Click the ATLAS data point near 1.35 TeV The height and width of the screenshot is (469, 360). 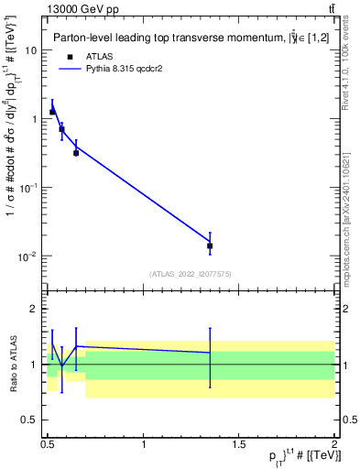click(x=210, y=245)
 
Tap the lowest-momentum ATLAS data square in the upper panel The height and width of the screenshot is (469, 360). click(x=52, y=112)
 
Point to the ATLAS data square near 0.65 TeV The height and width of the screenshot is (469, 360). click(x=76, y=152)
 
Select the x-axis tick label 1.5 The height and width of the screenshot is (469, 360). click(x=239, y=443)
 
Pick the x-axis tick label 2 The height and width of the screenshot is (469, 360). click(x=333, y=443)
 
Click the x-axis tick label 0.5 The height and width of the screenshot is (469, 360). click(x=48, y=443)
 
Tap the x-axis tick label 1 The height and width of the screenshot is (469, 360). click(x=144, y=443)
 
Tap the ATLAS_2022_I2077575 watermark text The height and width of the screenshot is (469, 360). click(x=190, y=274)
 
